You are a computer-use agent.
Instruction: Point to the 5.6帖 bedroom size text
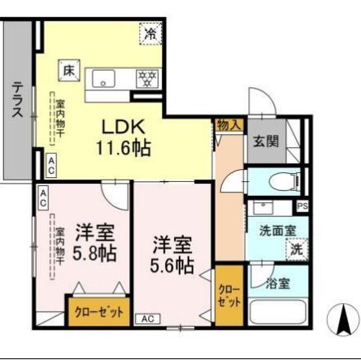(172, 264)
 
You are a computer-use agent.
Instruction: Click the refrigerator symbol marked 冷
(150, 33)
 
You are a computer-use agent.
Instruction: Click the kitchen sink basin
(105, 79)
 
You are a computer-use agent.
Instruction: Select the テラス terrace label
(17, 101)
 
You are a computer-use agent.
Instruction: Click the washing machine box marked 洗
(298, 249)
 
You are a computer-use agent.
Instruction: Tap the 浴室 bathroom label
(276, 284)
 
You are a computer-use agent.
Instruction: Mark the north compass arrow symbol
(343, 318)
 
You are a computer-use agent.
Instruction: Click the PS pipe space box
(302, 206)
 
